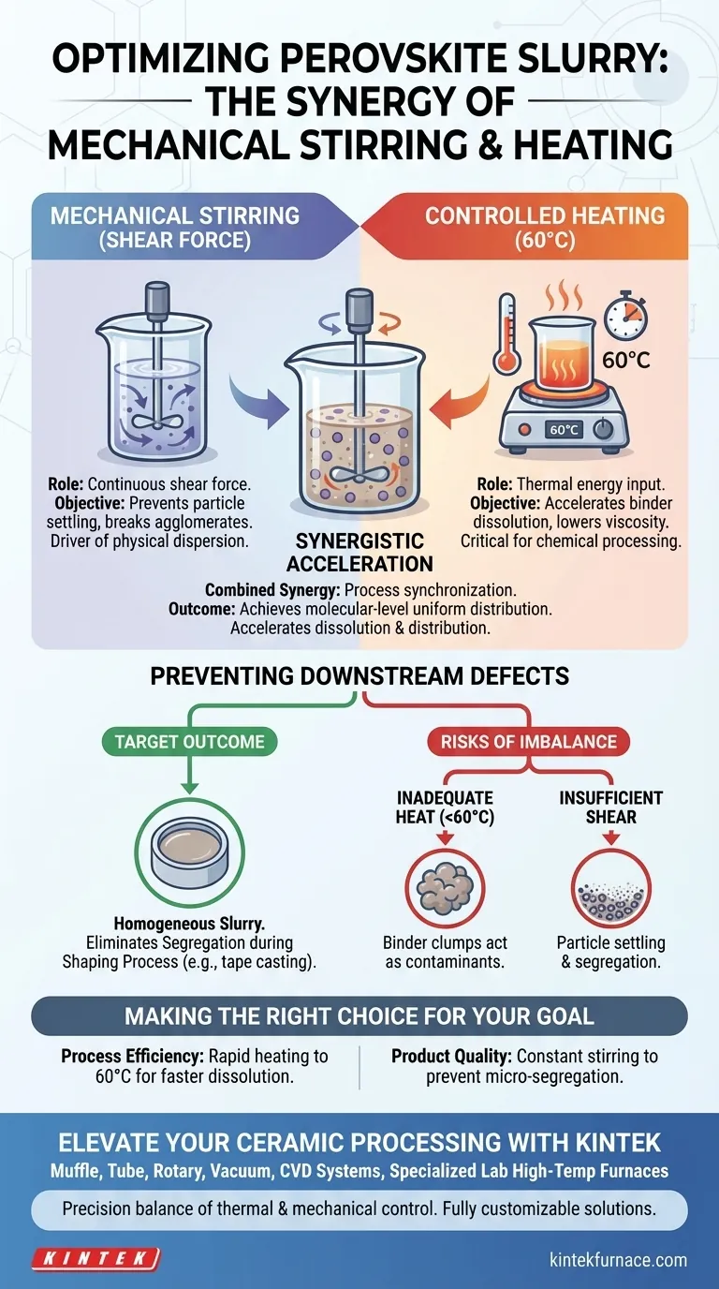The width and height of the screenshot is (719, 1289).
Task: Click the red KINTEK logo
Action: (x=96, y=1258)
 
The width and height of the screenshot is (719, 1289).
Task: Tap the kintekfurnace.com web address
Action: (x=618, y=1260)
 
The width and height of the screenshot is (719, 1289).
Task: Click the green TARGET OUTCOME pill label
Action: (x=190, y=742)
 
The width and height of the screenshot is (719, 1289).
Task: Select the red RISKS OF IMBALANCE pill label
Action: (x=529, y=742)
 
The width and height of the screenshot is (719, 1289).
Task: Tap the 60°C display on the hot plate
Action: (x=564, y=430)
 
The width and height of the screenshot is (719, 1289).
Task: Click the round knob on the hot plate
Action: (x=603, y=429)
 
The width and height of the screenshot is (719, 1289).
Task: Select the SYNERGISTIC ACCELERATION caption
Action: (x=359, y=553)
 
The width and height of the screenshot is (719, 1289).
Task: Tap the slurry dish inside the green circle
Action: (x=190, y=852)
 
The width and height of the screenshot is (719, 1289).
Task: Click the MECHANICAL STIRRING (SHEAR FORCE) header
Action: (x=175, y=228)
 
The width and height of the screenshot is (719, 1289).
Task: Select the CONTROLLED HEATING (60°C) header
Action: (x=545, y=228)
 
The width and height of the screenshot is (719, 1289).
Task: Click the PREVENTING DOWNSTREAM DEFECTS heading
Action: (x=359, y=676)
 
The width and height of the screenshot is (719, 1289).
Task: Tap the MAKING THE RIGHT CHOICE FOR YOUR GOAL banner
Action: (x=359, y=1016)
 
